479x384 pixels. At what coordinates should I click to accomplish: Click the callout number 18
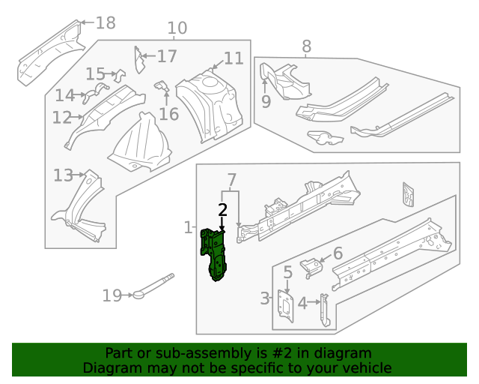(x=106, y=22)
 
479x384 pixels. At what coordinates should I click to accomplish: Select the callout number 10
(x=177, y=29)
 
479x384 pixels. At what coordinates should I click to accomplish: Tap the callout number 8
(x=306, y=46)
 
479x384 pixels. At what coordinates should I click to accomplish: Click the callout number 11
(x=234, y=58)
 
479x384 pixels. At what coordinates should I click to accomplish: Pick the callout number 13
(x=64, y=175)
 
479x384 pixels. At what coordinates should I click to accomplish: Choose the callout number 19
(x=112, y=296)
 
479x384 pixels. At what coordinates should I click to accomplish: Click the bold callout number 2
(x=222, y=210)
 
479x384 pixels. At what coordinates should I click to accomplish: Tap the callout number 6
(x=338, y=253)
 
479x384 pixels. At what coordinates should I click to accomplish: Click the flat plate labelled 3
(x=285, y=306)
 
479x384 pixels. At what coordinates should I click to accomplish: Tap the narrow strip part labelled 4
(x=324, y=310)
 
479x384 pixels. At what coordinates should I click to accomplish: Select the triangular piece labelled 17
(x=138, y=60)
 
